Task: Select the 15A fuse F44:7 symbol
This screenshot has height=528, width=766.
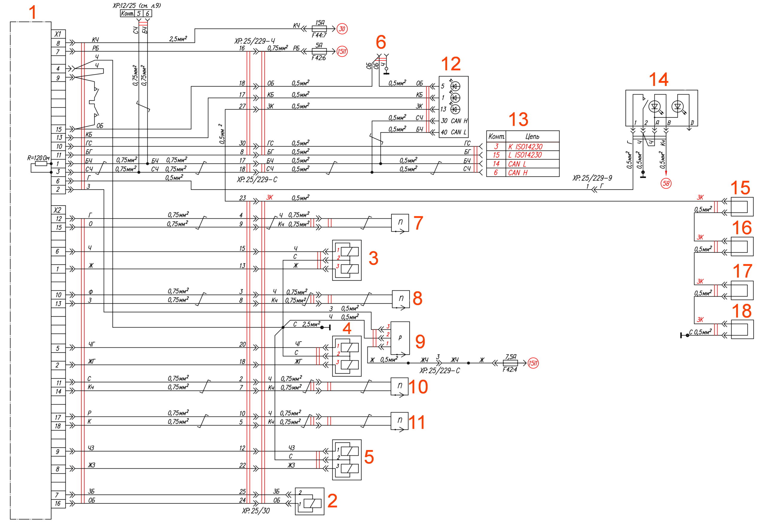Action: (x=319, y=29)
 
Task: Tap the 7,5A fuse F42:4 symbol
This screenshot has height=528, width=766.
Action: (x=510, y=363)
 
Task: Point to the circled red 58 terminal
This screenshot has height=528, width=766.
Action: (x=665, y=183)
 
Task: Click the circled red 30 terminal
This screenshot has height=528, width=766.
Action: (x=342, y=29)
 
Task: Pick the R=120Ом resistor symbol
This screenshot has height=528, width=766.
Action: (x=41, y=163)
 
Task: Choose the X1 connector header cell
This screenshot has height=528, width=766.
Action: (x=58, y=34)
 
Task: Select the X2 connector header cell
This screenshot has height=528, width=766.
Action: (x=58, y=210)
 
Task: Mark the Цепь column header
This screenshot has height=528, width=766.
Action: (x=532, y=136)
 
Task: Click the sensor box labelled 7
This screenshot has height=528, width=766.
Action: (x=400, y=223)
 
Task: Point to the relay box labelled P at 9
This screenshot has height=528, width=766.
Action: (x=400, y=338)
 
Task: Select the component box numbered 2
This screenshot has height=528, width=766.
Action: (x=309, y=501)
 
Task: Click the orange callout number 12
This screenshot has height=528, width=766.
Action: (x=451, y=64)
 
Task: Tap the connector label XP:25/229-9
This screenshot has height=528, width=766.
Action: (x=592, y=178)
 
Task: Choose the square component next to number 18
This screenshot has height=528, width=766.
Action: (x=742, y=329)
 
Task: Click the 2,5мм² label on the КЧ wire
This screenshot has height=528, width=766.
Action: (x=178, y=39)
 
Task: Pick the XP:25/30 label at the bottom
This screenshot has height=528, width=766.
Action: (x=256, y=511)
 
